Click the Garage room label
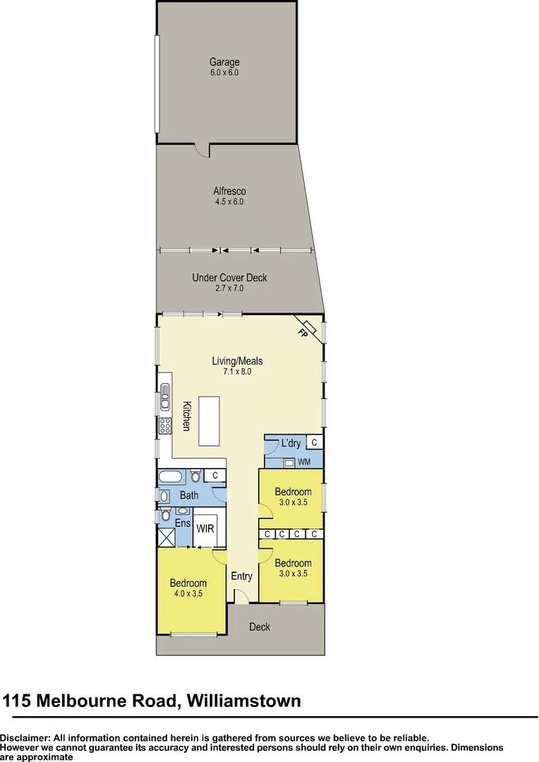(x=224, y=62)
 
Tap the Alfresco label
(x=229, y=191)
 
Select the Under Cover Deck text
(x=229, y=278)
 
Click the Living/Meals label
(x=237, y=361)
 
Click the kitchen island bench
(x=209, y=421)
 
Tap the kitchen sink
(x=165, y=396)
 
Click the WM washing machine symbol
(x=289, y=463)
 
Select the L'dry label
(x=291, y=444)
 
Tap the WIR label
(x=205, y=528)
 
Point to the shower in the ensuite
(x=166, y=538)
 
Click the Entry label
(x=241, y=576)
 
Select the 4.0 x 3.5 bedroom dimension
(x=188, y=593)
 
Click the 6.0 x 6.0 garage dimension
(x=224, y=72)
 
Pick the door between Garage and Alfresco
(x=202, y=149)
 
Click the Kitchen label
(x=187, y=416)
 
